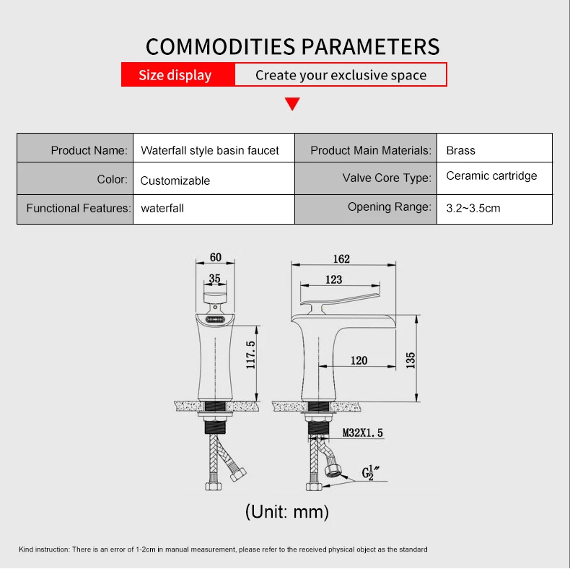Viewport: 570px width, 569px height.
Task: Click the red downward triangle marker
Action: (x=292, y=103)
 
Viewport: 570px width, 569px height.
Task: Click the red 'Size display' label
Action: (x=175, y=75)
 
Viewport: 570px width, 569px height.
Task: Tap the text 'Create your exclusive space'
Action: (x=341, y=75)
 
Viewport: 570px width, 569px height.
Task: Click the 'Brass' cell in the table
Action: (x=460, y=150)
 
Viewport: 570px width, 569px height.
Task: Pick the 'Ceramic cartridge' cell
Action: (x=491, y=175)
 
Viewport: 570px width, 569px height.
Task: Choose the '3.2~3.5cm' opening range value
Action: (x=473, y=208)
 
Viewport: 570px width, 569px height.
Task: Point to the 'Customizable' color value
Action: (x=175, y=181)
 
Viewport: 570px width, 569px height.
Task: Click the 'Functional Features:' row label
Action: (x=78, y=208)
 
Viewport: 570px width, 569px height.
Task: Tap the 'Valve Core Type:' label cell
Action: (x=387, y=178)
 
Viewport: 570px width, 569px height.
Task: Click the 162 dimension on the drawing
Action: (x=341, y=259)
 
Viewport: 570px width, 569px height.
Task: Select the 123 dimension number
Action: (x=333, y=279)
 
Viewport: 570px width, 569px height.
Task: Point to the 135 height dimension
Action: (x=411, y=360)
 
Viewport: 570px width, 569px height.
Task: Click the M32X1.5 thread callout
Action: (x=362, y=433)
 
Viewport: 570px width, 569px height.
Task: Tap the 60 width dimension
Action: (x=215, y=257)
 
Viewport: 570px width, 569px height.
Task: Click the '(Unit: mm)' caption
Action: (x=286, y=512)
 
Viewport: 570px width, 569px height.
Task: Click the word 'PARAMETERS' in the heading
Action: (x=370, y=46)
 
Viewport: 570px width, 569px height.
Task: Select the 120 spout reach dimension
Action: (x=359, y=360)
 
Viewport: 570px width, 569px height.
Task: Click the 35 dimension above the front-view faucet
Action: (x=214, y=279)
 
